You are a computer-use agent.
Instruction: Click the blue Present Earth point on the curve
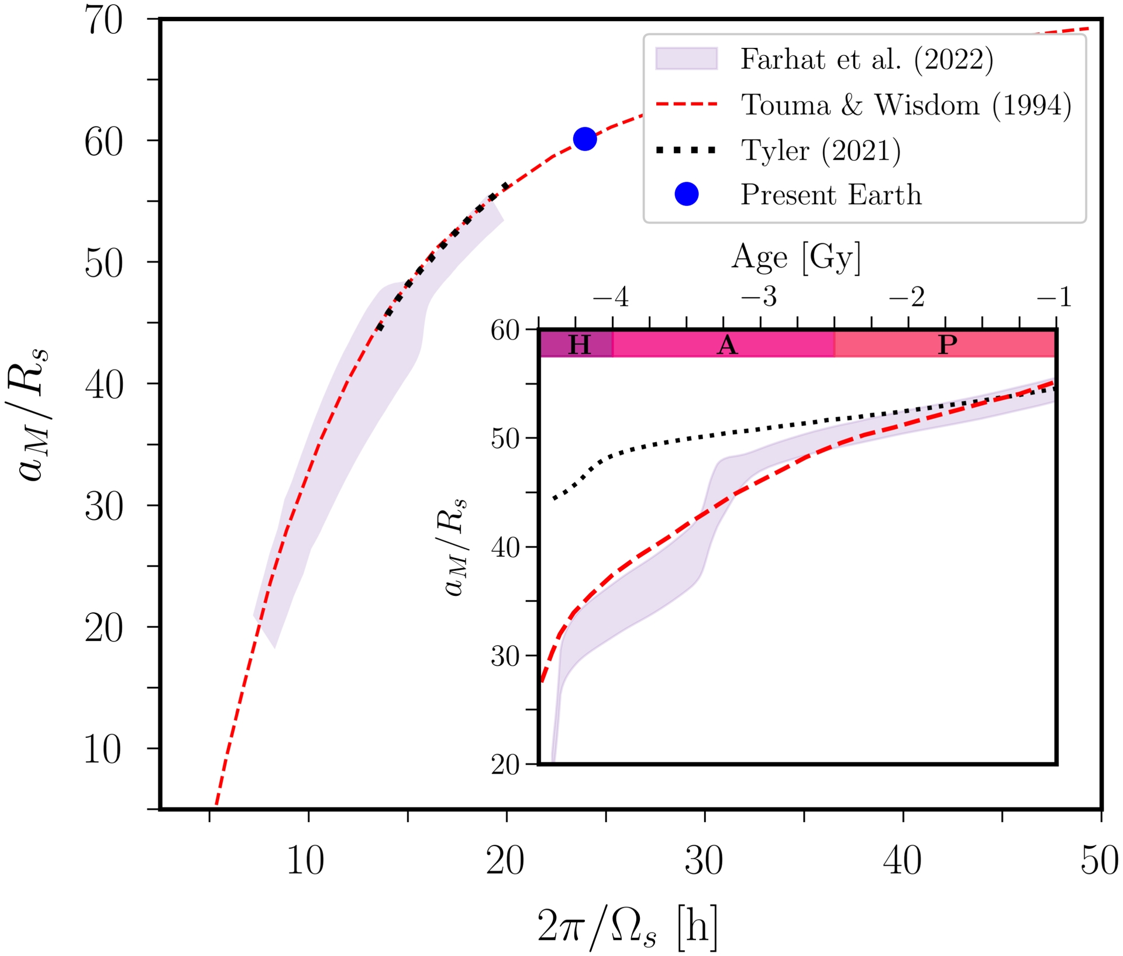(x=584, y=139)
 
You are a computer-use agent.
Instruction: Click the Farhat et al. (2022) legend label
(x=867, y=60)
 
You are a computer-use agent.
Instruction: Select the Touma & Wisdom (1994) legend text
(x=906, y=105)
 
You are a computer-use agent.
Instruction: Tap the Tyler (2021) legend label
(x=821, y=151)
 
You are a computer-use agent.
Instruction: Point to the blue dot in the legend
(x=686, y=194)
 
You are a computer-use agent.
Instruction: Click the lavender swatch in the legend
(x=686, y=59)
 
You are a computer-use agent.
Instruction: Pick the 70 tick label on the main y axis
(x=105, y=20)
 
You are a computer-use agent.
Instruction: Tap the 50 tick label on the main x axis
(x=1099, y=861)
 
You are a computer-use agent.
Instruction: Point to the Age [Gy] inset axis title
(x=796, y=257)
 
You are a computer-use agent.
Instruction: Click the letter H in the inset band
(x=579, y=344)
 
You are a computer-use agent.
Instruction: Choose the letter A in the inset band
(x=727, y=344)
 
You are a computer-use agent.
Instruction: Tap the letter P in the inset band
(x=948, y=344)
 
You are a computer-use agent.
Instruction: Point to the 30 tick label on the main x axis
(x=704, y=861)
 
